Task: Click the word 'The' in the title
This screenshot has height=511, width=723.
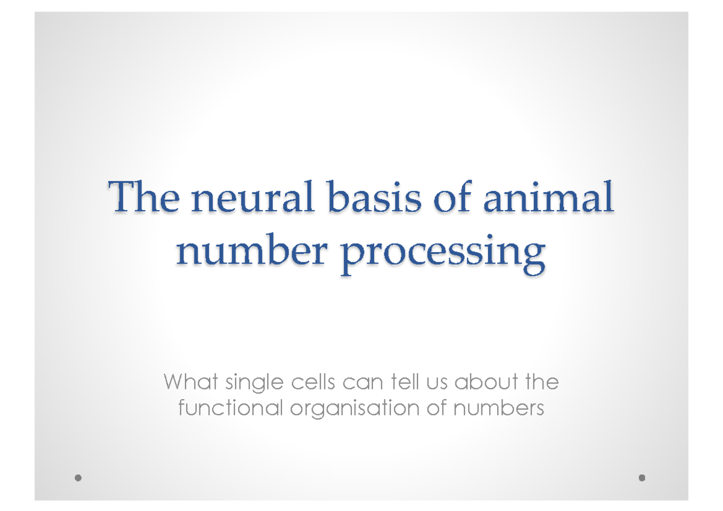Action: click(144, 197)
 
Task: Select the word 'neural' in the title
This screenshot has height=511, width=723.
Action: click(252, 197)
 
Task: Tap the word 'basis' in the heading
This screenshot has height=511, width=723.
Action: click(374, 197)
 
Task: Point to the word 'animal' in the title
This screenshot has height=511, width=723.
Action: click(548, 197)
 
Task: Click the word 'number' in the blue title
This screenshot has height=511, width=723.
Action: click(252, 250)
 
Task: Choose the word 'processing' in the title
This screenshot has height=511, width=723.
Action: click(443, 255)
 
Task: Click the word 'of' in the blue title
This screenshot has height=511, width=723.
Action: click(452, 197)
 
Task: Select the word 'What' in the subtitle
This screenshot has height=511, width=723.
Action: click(191, 382)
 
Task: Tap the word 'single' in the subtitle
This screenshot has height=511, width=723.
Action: click(254, 383)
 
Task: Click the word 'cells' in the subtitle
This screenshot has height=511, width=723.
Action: click(313, 382)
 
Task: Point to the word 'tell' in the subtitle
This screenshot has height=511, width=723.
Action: click(405, 382)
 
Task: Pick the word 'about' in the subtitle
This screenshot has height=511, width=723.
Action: click(486, 382)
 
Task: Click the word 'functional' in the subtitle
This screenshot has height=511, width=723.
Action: click(230, 408)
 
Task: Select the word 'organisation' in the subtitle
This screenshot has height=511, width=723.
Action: click(355, 409)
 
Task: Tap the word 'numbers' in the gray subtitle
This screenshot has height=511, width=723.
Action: click(499, 408)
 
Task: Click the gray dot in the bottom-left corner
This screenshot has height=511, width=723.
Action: click(78, 478)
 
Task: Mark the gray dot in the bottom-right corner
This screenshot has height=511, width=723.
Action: click(642, 478)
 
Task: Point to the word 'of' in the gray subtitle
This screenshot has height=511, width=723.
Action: click(436, 408)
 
